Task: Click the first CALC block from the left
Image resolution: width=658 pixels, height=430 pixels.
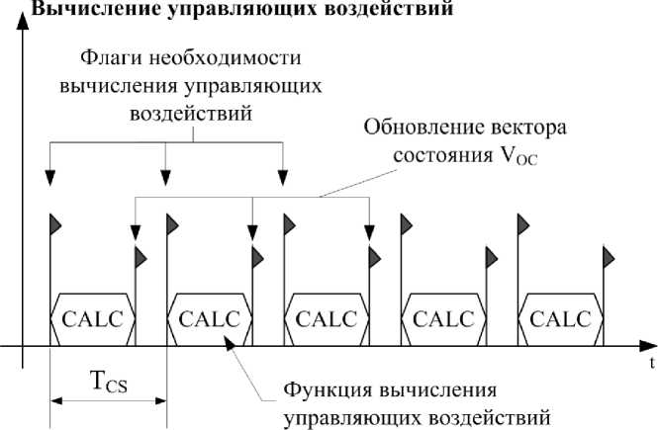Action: click(x=93, y=319)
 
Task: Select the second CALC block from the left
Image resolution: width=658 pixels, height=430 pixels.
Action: click(x=209, y=319)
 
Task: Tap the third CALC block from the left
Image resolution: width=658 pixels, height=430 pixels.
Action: click(x=326, y=319)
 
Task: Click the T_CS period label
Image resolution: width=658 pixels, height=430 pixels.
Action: click(x=109, y=381)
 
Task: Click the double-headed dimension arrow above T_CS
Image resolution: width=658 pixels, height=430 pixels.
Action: click(x=109, y=400)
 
